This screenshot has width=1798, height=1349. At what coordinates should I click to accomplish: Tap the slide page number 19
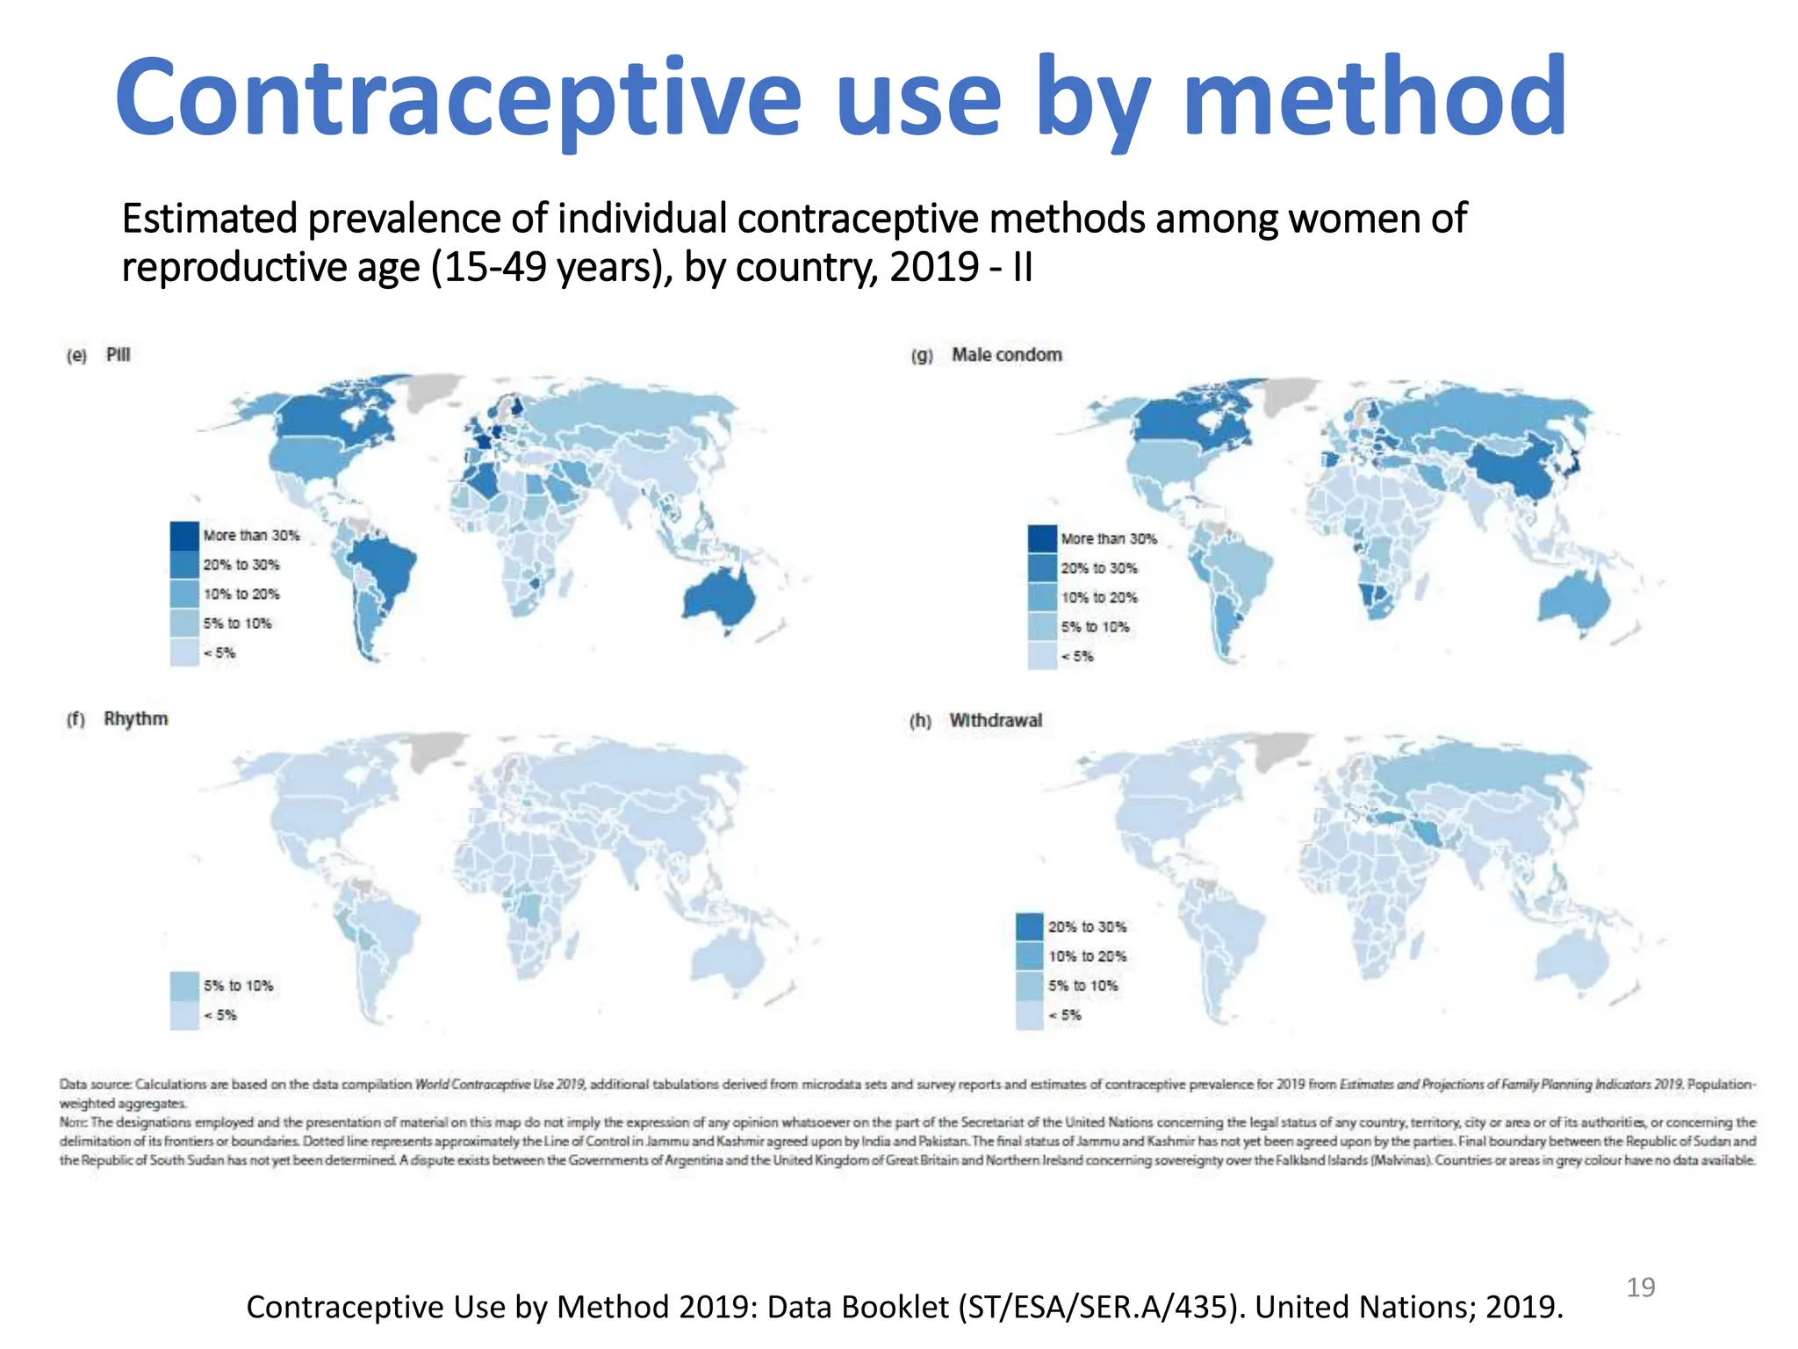click(x=1640, y=1288)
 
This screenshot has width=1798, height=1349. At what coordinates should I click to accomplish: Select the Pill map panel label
click(x=118, y=355)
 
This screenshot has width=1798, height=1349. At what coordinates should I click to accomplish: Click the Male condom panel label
click(x=1006, y=355)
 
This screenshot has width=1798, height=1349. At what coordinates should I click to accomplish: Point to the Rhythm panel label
click(x=135, y=718)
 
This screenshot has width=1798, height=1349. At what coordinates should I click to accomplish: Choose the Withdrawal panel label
click(x=996, y=720)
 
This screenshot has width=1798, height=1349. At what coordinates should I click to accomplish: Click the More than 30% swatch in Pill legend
click(x=184, y=535)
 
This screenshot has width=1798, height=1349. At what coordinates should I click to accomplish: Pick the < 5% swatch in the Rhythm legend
click(x=184, y=1015)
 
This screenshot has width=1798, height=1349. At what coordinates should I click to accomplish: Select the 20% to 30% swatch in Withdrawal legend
click(x=1030, y=927)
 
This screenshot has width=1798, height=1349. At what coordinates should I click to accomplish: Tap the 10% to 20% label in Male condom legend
click(x=1098, y=597)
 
